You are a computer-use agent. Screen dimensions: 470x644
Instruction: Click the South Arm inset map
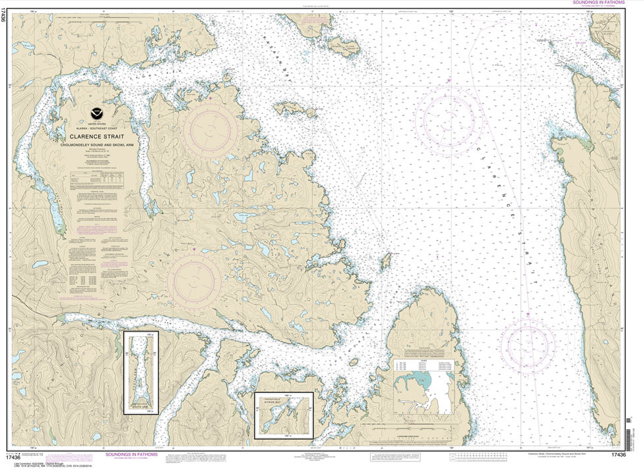pyautogui.click(x=141, y=372)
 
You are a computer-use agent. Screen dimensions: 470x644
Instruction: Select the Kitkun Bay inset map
pyautogui.click(x=284, y=415)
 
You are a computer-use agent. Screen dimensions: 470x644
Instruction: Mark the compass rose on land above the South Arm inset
pyautogui.click(x=194, y=281)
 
